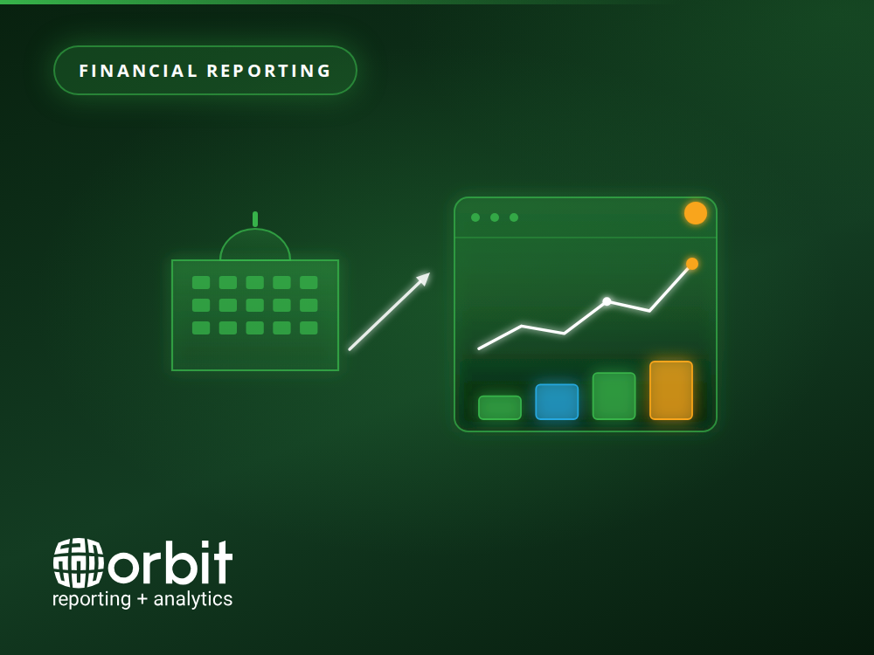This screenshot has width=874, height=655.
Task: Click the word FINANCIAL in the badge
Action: [x=139, y=71]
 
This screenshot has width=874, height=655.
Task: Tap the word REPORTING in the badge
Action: [x=269, y=71]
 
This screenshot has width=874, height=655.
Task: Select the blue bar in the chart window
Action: [x=557, y=402]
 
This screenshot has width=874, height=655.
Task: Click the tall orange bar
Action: [x=671, y=390]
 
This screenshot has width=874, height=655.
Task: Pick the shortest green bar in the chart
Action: [x=500, y=408]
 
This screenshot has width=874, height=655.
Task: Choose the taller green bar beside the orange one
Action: [x=614, y=396]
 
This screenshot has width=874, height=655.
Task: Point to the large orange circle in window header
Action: [x=696, y=213]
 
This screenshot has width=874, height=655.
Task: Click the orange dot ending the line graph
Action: [x=691, y=264]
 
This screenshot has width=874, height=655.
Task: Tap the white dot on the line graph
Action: [x=607, y=301]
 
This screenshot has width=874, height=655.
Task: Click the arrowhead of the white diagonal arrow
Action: [x=424, y=279]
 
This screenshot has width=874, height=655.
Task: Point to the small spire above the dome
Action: [x=255, y=219]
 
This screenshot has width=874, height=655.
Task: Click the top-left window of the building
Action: [x=201, y=282]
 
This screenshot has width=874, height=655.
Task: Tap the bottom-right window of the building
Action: [x=309, y=328]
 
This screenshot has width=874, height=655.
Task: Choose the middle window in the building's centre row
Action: [x=254, y=305]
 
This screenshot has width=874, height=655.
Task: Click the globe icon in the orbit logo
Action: [x=79, y=563]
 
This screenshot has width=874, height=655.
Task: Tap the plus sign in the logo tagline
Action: [x=142, y=599]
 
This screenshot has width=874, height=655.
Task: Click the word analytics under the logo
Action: [x=193, y=599]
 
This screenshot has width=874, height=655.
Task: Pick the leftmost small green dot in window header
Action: [x=475, y=217]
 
